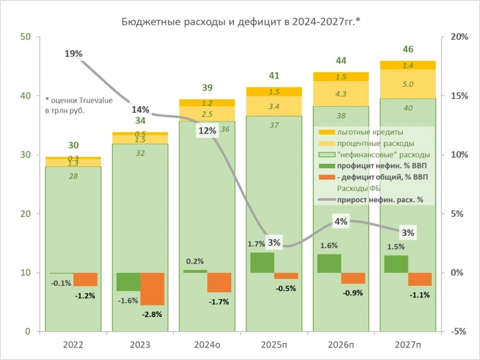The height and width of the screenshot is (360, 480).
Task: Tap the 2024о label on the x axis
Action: (207, 345)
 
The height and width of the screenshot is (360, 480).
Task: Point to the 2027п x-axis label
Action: (408, 345)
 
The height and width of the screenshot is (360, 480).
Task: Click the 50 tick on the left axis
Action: (26, 37)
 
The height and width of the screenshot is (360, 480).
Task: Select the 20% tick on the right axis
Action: (459, 37)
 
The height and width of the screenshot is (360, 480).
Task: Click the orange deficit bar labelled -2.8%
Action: (152, 289)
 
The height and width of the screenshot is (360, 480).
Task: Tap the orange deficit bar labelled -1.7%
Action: (219, 282)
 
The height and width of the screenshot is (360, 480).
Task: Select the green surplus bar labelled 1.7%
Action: (262, 263)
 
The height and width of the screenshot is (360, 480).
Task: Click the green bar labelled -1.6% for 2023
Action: (128, 282)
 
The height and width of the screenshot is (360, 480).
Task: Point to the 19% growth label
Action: (73, 54)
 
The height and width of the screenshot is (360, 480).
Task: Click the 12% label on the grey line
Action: (207, 131)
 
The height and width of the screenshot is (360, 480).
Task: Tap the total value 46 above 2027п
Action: (408, 49)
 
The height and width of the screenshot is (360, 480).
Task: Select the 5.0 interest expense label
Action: (408, 84)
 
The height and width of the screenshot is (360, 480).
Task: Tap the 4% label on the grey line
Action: (341, 221)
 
